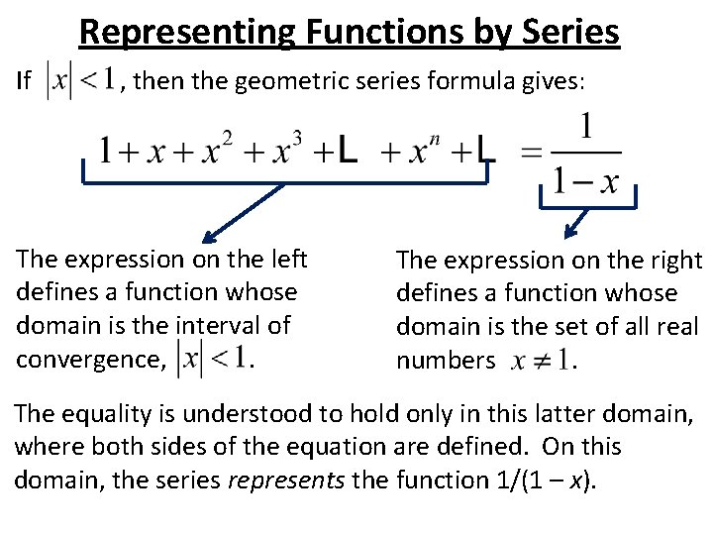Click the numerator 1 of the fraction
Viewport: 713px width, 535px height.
click(586, 129)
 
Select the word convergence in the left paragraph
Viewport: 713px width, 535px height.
click(85, 359)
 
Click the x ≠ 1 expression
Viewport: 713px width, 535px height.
click(538, 361)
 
